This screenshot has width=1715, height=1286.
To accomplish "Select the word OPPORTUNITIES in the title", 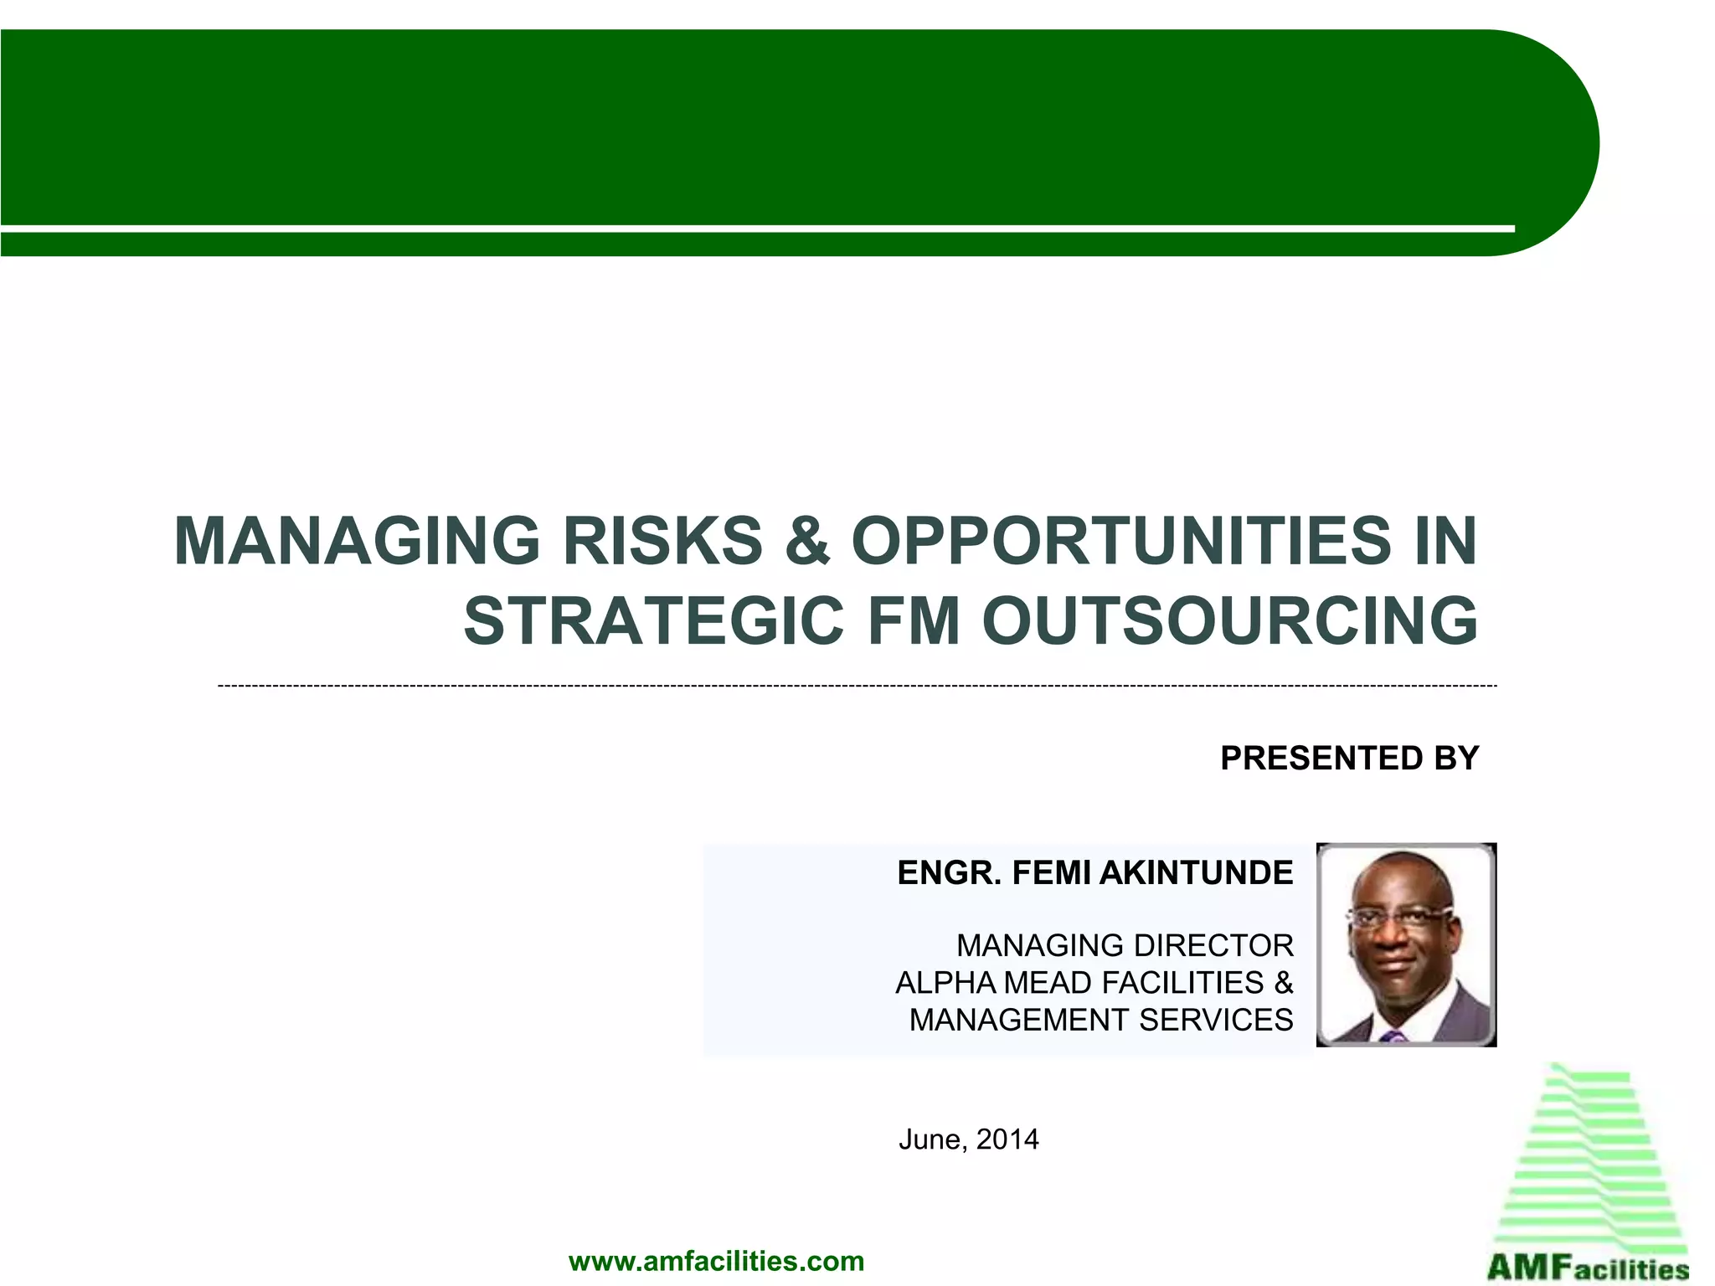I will coord(1121,542).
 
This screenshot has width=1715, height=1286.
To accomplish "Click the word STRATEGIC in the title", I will coord(653,621).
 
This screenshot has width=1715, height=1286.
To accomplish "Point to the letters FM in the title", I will coord(914,621).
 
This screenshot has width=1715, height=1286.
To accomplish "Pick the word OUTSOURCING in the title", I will coord(1230,621).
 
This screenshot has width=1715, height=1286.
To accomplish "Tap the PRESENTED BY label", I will coord(1349,759).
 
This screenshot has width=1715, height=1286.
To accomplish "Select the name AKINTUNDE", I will coord(1196,873).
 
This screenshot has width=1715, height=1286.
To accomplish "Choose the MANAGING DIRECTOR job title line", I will coord(1125,946).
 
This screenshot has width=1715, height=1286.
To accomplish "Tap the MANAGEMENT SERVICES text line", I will coord(1101,1021).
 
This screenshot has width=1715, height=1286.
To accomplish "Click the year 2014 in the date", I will coord(1007,1139).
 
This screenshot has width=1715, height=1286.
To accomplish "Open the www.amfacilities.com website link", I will coord(716,1261).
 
